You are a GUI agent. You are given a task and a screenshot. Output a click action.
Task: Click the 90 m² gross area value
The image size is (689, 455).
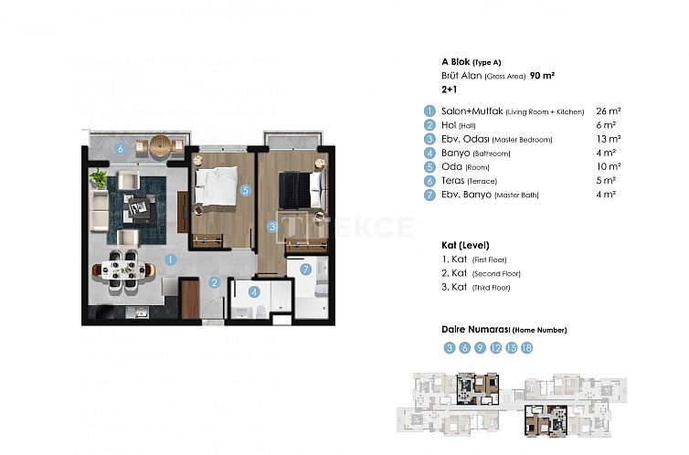542,77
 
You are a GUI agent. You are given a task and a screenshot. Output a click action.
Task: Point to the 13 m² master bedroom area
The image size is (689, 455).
608,139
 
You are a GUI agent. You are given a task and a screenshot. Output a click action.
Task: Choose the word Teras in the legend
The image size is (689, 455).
453,180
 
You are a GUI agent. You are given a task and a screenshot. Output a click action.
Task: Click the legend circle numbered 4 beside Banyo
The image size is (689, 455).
428,153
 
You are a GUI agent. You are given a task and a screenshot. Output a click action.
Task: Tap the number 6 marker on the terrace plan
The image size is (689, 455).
119,149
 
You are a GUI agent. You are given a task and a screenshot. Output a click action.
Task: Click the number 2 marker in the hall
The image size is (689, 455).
212,283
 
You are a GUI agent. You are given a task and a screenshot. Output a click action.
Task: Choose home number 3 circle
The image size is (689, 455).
449,348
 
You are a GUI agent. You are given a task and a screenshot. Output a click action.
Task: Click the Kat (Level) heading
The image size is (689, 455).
464,245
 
